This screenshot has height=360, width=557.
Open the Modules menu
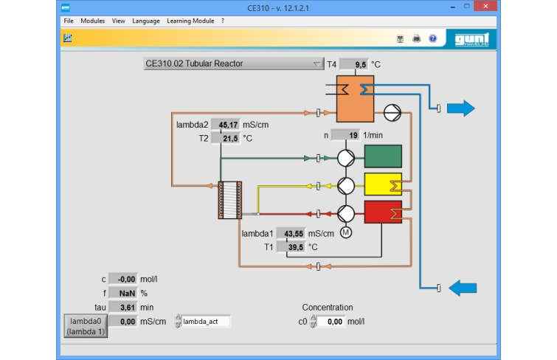[92, 21]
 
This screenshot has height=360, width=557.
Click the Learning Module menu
[190, 21]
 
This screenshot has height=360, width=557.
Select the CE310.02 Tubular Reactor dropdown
[234, 63]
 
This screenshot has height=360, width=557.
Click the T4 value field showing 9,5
[354, 64]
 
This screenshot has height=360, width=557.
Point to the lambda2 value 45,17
[226, 125]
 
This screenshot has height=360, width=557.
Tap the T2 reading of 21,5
[226, 138]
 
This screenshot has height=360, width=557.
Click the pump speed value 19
[345, 135]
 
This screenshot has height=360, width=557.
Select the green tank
[383, 156]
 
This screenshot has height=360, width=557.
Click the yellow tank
[383, 184]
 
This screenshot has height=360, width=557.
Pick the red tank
[383, 212]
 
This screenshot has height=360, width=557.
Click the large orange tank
[355, 98]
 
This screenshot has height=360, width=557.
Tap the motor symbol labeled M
[346, 232]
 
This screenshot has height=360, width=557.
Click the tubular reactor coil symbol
[230, 200]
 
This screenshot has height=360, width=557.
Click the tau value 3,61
[123, 308]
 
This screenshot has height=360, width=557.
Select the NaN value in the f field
[123, 293]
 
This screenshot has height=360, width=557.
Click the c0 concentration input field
[331, 322]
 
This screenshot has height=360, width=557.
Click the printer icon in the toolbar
[416, 38]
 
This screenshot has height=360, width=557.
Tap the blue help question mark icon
[432, 38]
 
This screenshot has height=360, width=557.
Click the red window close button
[485, 6]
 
